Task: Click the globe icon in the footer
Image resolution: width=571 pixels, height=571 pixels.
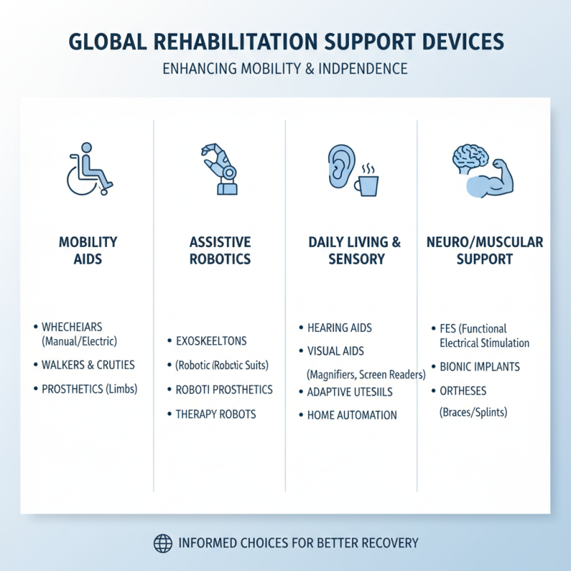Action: (163, 543)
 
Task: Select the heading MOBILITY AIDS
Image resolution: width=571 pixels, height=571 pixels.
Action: (88, 250)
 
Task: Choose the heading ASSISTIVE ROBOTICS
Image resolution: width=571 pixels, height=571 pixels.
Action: (220, 250)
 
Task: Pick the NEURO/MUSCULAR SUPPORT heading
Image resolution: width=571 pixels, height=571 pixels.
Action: (485, 250)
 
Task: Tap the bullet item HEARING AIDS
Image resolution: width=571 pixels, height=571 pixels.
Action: (339, 328)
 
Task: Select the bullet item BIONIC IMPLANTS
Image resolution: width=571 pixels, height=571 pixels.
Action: (479, 367)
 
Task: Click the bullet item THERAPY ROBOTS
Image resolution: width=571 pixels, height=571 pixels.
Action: (216, 414)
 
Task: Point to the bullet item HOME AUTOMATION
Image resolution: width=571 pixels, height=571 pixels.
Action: (352, 415)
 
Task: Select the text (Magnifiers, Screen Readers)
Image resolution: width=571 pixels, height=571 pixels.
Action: (365, 374)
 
